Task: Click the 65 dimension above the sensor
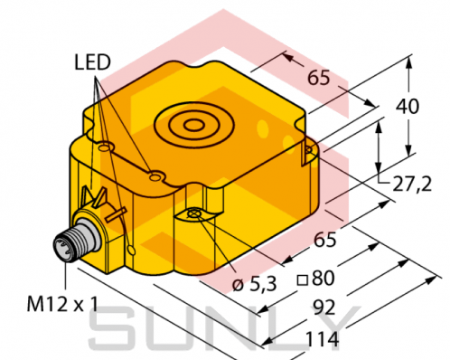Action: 319,78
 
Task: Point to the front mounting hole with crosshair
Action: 196,213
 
